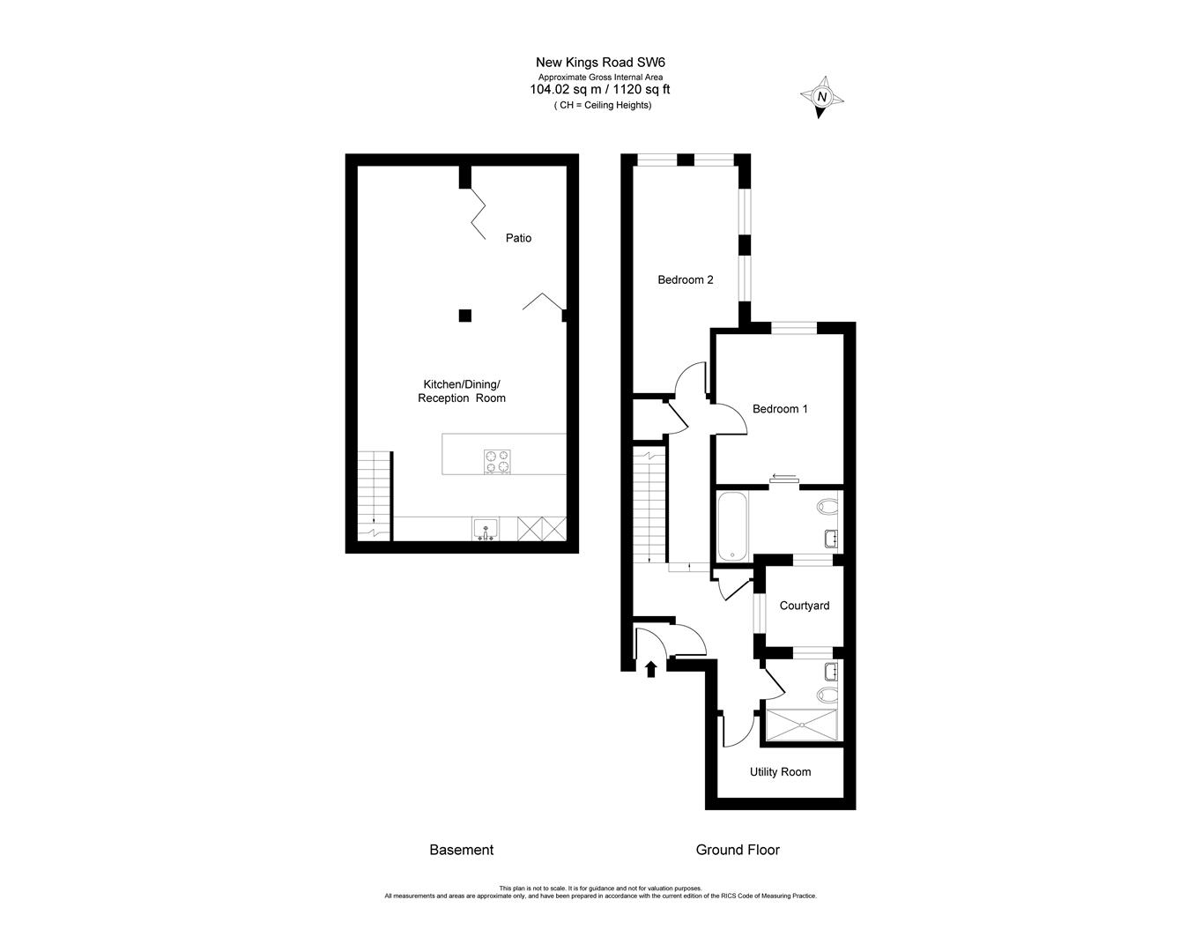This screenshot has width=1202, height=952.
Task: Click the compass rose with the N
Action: [x=822, y=97]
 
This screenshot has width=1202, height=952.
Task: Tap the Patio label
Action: [x=518, y=238]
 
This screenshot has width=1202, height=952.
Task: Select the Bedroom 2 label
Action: [x=685, y=280]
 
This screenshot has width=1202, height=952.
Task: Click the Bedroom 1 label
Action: [x=780, y=409]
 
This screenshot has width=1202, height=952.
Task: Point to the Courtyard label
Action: [x=804, y=606]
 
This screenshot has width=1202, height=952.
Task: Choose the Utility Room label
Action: [x=780, y=772]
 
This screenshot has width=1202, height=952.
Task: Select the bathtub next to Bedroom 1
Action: [x=733, y=526]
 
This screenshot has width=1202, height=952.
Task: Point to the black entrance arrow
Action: [x=651, y=669]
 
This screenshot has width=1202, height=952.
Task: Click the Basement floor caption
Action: [x=461, y=851]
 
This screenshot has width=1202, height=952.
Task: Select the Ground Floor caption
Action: [x=738, y=851]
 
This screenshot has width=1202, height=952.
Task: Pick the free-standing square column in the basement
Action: [x=464, y=316]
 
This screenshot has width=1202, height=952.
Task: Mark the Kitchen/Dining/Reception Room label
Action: [x=462, y=391]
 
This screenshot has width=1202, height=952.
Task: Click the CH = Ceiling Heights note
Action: [x=603, y=105]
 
